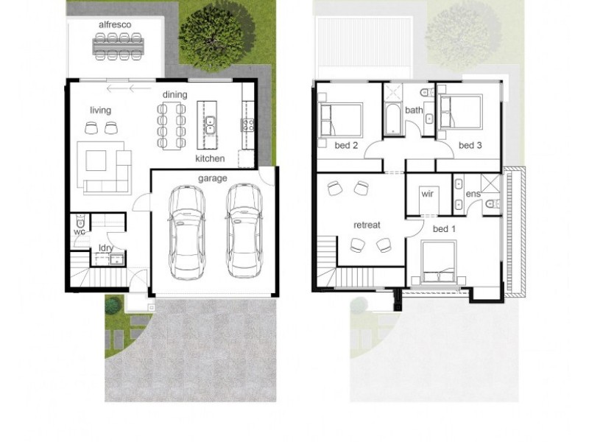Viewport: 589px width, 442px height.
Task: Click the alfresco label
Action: coord(115,24)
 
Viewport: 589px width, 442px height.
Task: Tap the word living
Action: coord(101,110)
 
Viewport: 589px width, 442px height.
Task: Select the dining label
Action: coord(174,94)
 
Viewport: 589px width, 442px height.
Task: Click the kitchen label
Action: coord(209,158)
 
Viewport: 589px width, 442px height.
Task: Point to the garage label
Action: coord(212,178)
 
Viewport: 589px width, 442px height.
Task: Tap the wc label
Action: coord(80,231)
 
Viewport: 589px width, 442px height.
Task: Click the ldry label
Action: coord(105,248)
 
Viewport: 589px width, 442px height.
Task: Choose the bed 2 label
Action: coord(346,145)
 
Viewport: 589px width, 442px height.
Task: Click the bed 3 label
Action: coord(470,145)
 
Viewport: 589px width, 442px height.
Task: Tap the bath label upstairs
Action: coord(414,110)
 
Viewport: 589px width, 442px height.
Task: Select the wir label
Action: coord(426,194)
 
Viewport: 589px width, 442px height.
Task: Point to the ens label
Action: coord(473,194)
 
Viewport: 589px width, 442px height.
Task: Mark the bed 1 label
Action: coord(444,229)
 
